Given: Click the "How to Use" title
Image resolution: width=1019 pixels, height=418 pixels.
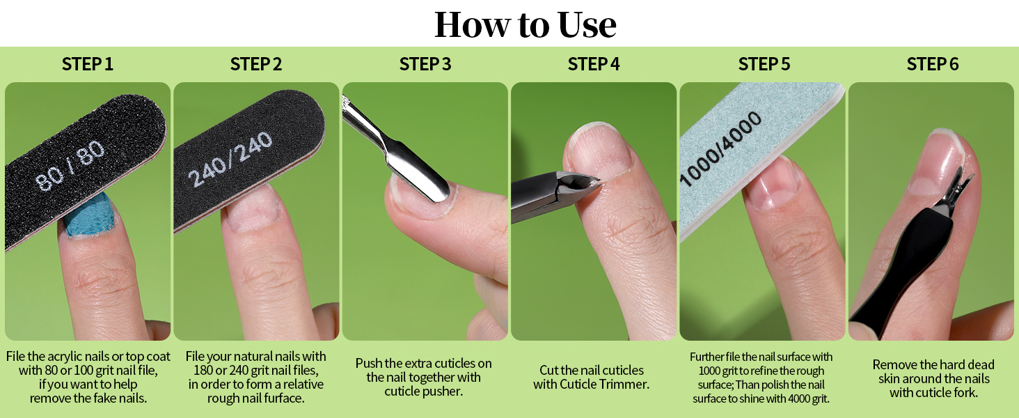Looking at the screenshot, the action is pyautogui.click(x=526, y=24).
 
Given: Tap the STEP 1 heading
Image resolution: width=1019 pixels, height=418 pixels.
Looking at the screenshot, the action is pyautogui.click(x=87, y=64).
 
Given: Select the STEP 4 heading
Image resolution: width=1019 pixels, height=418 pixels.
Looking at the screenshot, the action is pyautogui.click(x=594, y=64).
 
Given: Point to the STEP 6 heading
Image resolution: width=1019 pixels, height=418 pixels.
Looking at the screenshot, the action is pyautogui.click(x=933, y=64).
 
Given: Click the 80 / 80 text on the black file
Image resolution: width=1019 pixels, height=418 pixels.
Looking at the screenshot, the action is pyautogui.click(x=70, y=166).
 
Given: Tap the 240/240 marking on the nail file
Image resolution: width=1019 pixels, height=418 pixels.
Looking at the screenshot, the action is pyautogui.click(x=230, y=159).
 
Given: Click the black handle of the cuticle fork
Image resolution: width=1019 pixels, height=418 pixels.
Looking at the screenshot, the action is pyautogui.click(x=906, y=264).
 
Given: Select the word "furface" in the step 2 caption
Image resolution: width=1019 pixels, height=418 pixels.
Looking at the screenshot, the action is pyautogui.click(x=284, y=398).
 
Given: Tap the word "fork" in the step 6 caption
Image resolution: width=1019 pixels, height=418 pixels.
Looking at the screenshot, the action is pyautogui.click(x=965, y=392).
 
